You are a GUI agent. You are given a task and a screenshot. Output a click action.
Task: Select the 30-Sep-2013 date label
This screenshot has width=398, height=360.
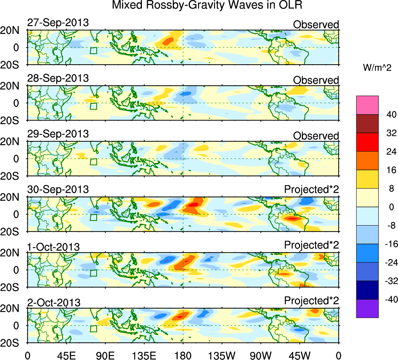point(58,190)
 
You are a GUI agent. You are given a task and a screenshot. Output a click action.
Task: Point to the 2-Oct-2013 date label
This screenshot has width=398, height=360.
point(54,302)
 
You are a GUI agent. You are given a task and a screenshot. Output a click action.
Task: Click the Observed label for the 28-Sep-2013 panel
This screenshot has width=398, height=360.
point(316,80)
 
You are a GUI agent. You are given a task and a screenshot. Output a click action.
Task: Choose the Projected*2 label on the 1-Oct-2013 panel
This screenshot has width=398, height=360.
point(311,245)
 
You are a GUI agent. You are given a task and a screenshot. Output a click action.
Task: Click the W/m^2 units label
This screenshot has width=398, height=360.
point(377,68)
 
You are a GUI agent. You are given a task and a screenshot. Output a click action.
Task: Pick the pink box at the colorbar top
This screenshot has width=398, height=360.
point(367,105)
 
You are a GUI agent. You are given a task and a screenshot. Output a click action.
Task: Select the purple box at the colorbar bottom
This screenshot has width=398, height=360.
point(367,309)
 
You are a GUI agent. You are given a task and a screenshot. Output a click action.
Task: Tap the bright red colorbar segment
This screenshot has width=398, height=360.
point(367,142)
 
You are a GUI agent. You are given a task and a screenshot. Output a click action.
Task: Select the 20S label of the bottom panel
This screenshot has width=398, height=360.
point(14,343)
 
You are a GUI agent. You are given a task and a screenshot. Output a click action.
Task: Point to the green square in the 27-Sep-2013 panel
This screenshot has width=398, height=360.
point(93,51)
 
